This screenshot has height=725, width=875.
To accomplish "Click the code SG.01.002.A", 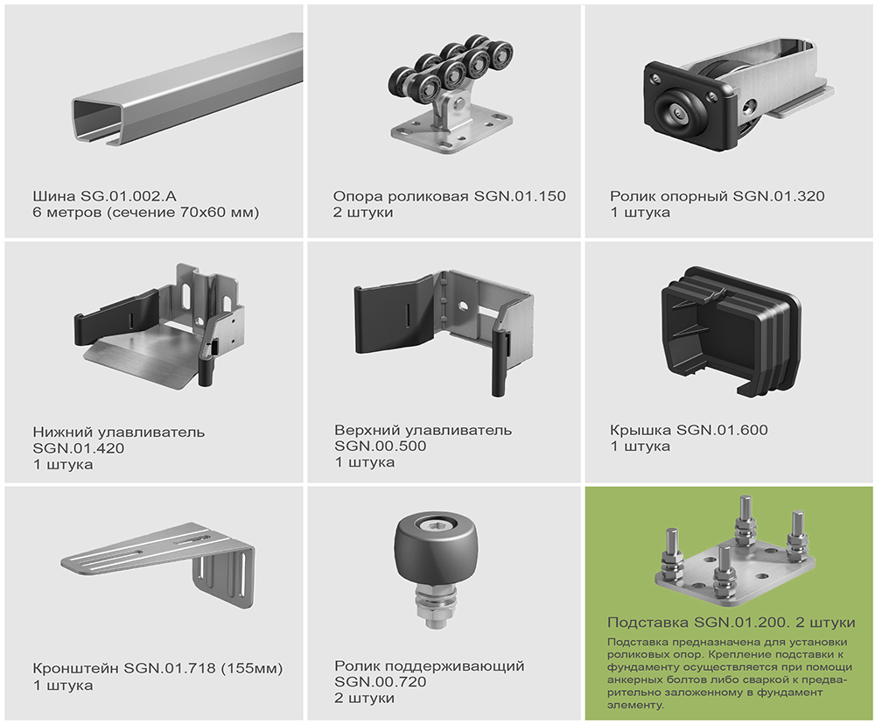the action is pos(129,196).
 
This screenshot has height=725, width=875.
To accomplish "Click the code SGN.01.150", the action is pos(520,196).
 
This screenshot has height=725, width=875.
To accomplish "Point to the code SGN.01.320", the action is pos(778,196).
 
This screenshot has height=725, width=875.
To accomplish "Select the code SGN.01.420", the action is pos(78,448).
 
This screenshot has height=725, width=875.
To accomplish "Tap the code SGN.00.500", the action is pos(380,446).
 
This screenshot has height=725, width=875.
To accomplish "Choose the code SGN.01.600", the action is pos(722,430).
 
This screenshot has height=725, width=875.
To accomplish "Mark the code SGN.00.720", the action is pos(380,681).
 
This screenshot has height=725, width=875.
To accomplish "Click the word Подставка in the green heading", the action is pos(648,623).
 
